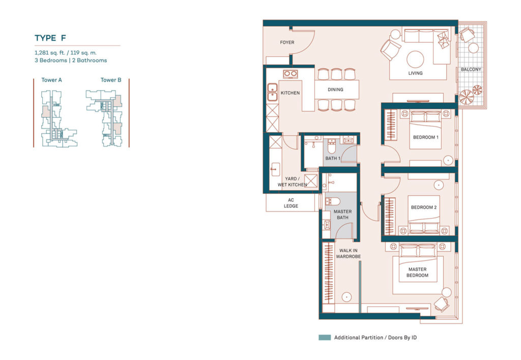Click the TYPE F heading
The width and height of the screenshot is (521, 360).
pos(50,38)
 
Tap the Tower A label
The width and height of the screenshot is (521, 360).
pos(51,80)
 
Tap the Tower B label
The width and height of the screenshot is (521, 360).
pos(111,80)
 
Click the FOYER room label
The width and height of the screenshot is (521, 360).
pos(287,42)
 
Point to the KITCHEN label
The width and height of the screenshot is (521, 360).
pos(290,93)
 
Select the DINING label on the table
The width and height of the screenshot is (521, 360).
pos(335,89)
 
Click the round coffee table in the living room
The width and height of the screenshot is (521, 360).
pos(416,59)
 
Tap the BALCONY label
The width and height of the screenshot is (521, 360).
pos(471,69)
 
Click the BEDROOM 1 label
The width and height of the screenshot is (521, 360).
pos(425,137)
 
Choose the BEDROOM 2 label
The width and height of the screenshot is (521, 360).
pos(424,207)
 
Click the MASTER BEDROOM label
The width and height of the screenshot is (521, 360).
pos(417,273)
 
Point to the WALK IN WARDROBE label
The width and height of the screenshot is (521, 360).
pos(348,254)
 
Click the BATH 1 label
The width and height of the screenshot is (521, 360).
pos(333,159)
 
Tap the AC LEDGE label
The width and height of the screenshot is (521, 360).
pos(291,203)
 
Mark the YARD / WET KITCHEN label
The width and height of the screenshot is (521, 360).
pos(292,182)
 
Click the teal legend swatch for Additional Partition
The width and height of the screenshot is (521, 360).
pos(325,338)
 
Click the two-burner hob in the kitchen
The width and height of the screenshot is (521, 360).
pos(291,74)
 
